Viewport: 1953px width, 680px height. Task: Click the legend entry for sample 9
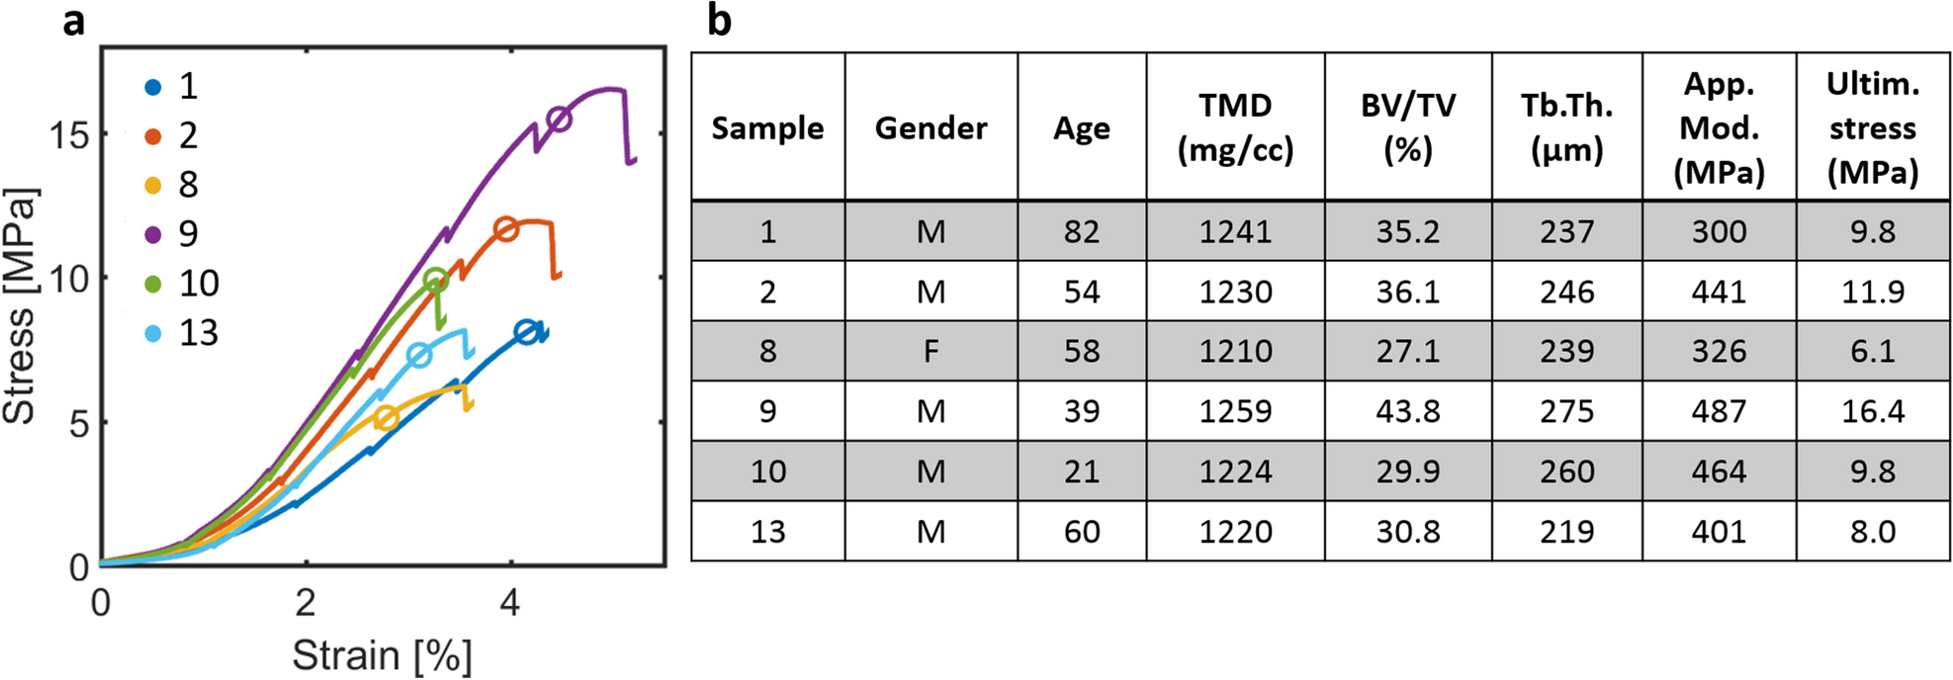coord(174,234)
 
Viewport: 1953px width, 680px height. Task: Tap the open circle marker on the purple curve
coord(559,119)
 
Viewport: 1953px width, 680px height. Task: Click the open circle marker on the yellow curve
coord(387,417)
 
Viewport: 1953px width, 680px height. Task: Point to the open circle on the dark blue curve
coord(526,332)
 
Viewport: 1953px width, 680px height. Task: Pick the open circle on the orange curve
coord(505,229)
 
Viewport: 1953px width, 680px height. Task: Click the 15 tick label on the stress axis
coord(69,135)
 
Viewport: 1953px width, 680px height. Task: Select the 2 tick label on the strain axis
coord(305,602)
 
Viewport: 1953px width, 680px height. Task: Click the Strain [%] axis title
coord(382,655)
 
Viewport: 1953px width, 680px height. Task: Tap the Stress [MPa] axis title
coord(20,306)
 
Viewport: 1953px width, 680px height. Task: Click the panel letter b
coord(719,21)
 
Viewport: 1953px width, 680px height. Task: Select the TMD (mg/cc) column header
coord(1235,127)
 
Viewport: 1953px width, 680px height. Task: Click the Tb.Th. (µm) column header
coord(1566,127)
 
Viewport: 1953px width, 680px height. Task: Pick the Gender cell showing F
coord(931,351)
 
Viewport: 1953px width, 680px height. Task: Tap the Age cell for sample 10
coord(1081,471)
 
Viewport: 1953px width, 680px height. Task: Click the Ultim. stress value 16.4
coord(1872,411)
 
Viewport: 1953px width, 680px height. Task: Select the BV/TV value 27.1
coord(1407,351)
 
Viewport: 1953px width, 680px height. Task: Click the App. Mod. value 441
coord(1719,292)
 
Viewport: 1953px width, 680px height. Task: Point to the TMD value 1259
coord(1235,411)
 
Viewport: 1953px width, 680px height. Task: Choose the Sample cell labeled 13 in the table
coord(767,532)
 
